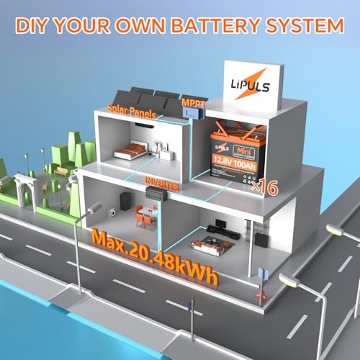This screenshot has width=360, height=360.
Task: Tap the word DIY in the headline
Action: (x=37, y=27)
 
